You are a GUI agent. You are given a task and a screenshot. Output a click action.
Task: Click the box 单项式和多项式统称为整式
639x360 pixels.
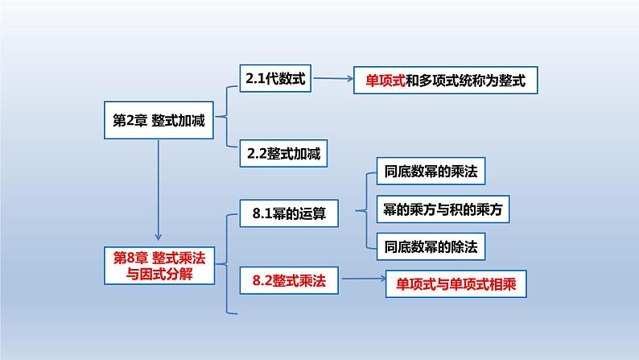(445, 81)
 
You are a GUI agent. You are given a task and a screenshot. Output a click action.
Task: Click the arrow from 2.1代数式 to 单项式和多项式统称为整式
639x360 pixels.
(333, 80)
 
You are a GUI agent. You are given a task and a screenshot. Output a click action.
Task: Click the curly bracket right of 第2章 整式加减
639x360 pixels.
(229, 117)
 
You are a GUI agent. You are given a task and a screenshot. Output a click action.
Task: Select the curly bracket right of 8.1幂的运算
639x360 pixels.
(368, 209)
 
